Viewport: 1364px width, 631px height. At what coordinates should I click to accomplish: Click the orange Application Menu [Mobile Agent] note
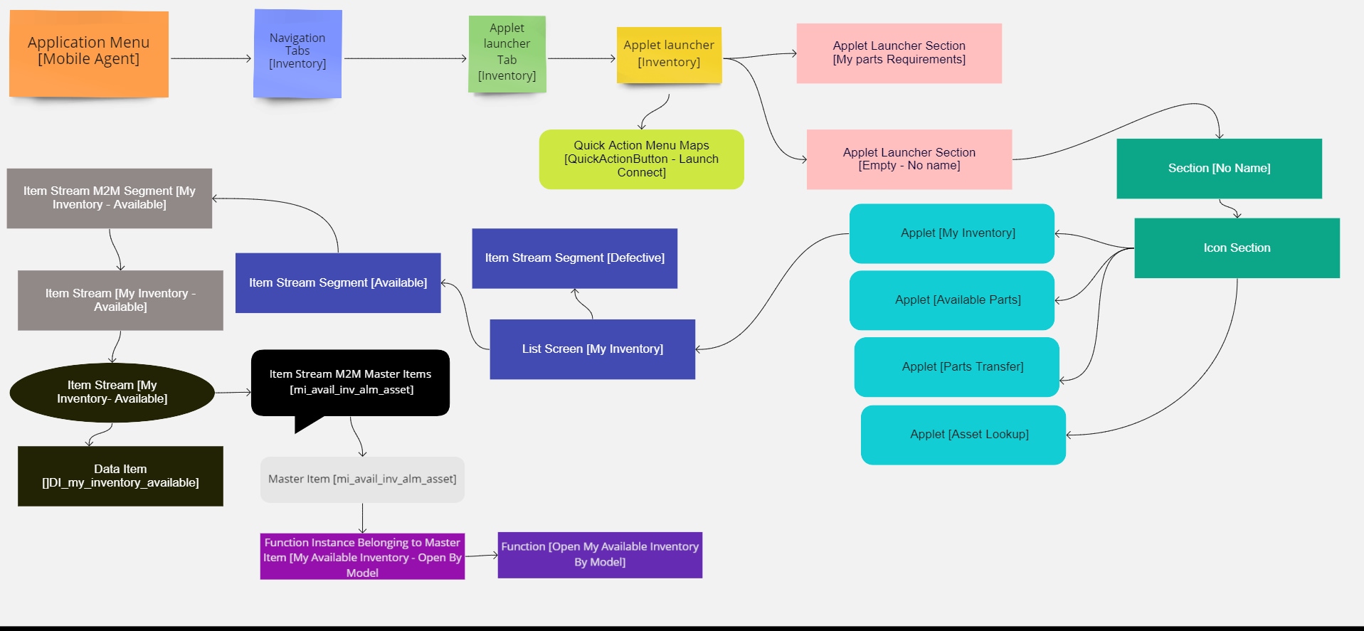88,53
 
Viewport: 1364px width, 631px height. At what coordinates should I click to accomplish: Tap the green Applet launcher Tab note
507,54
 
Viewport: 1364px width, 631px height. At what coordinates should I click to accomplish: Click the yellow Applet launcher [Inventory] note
669,55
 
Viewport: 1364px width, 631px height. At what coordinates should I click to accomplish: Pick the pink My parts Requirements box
899,53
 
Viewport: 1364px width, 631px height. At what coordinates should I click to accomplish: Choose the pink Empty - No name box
909,159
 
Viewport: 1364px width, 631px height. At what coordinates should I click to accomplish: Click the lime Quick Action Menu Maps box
641,159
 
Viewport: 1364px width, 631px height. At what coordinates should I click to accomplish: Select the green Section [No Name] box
1219,169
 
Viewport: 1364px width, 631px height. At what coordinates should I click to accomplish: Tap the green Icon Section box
1237,248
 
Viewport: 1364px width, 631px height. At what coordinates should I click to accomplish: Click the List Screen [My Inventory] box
592,349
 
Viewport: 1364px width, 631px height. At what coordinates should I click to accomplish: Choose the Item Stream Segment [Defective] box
574,258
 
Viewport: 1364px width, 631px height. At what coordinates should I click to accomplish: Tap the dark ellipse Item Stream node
112,393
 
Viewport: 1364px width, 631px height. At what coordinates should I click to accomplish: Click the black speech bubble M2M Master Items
350,383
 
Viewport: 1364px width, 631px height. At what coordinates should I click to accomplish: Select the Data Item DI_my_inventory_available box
120,476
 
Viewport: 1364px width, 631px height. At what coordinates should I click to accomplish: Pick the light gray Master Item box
362,479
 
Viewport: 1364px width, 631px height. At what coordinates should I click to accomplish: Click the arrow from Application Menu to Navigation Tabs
211,58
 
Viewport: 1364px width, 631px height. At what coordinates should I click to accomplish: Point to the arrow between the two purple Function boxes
481,556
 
